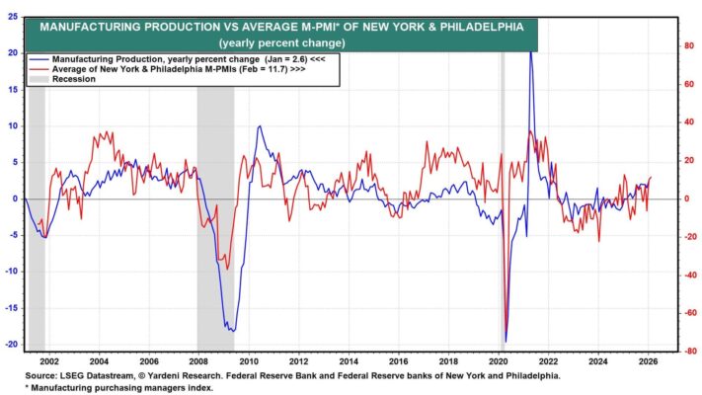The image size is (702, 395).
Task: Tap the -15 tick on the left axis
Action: pos(13,308)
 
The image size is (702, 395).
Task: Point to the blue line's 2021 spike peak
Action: pos(531,49)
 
